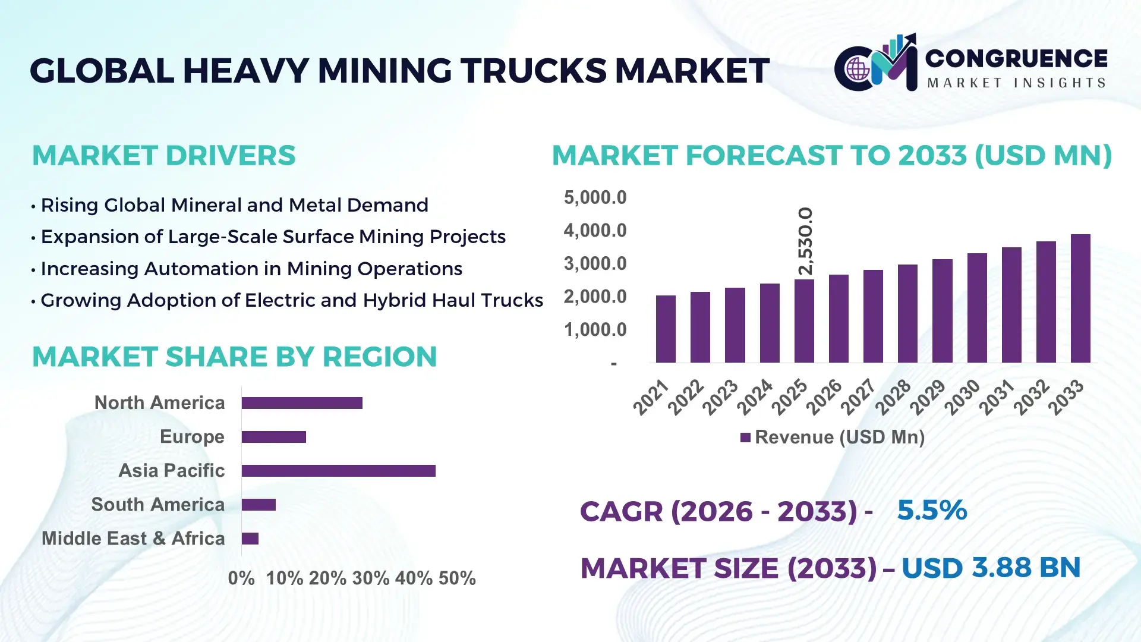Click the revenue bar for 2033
pos(1080,298)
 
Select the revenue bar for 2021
pos(666,329)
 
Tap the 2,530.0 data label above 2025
pos(805,241)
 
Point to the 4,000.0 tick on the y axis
pos(595,231)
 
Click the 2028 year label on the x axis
pos(893,396)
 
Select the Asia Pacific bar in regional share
pos(338,471)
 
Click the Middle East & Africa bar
pos(250,539)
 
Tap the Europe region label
pos(192,437)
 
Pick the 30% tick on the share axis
pos(370,578)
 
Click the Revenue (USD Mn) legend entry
pos(832,438)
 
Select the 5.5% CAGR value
pos(931,510)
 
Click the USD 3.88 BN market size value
pos(991,568)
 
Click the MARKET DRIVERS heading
pos(163,156)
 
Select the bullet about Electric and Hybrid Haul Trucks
pos(291,300)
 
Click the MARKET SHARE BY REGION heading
pos(234,357)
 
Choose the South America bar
pos(259,505)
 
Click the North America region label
pos(159,403)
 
